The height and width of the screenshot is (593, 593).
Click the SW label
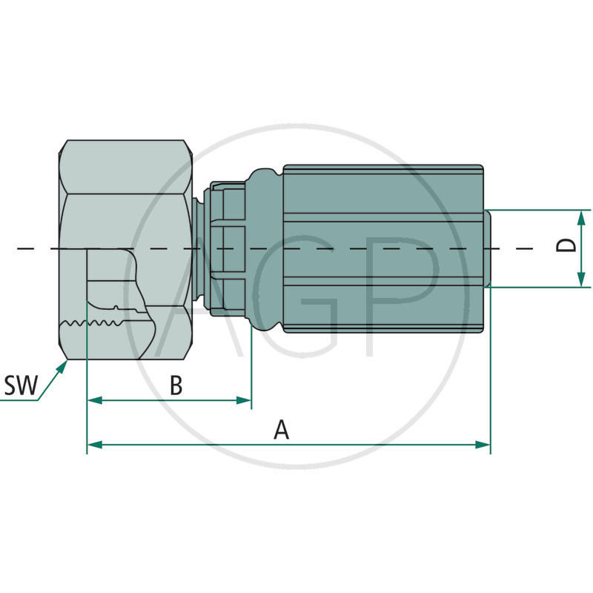coord(21,385)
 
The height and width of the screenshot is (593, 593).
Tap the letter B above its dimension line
coord(176,385)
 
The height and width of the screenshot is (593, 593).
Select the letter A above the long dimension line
coord(281,430)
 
